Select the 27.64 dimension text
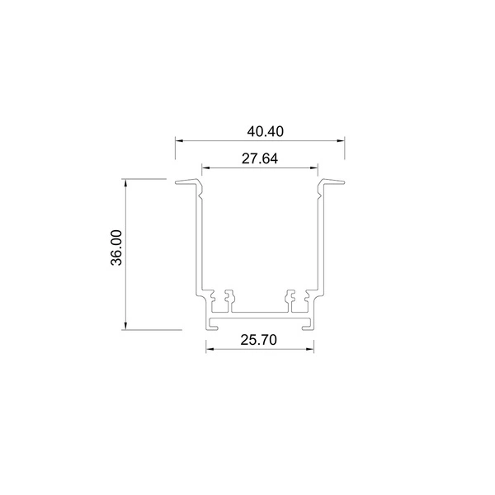click(x=259, y=159)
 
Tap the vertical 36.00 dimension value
click(x=117, y=247)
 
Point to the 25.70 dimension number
click(x=260, y=339)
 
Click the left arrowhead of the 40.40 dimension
click(x=179, y=141)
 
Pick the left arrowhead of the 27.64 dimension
click(x=206, y=169)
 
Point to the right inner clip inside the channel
click(x=290, y=299)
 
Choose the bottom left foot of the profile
click(x=209, y=323)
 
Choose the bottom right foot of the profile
click(x=311, y=323)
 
